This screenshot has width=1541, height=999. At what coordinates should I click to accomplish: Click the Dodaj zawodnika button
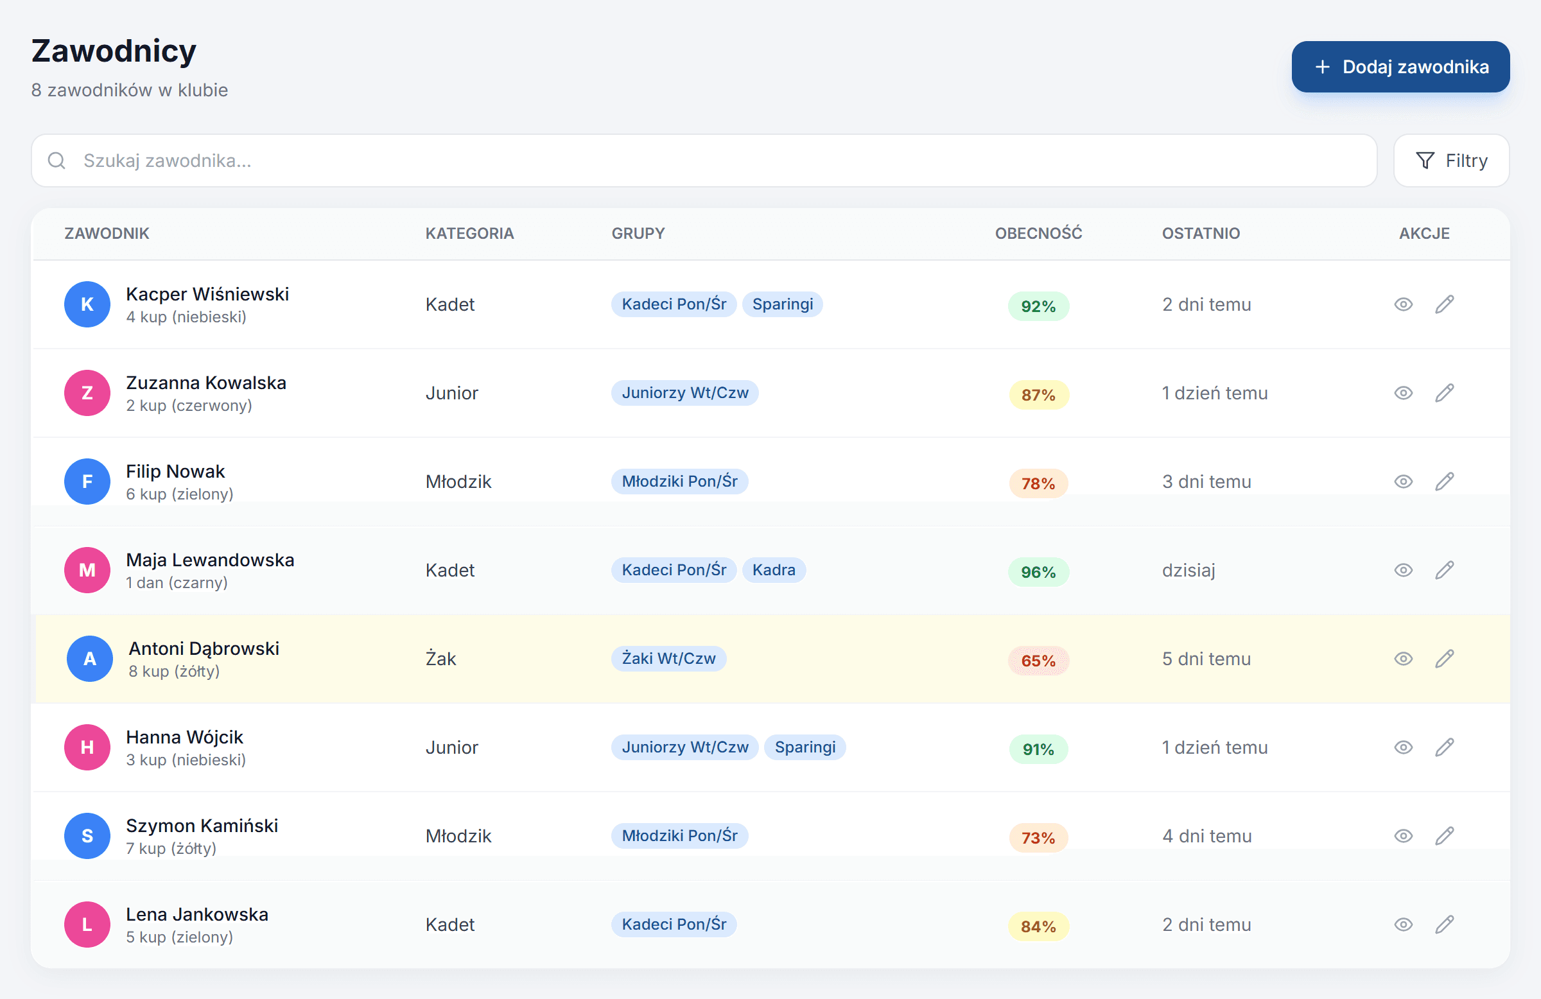(1400, 67)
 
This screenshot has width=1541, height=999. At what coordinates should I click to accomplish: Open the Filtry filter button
(1451, 161)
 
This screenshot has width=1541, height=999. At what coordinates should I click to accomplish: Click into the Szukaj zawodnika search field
(704, 161)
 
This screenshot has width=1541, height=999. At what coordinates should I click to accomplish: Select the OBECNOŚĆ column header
(1038, 233)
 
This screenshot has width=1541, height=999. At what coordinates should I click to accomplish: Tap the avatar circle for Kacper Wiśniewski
(87, 304)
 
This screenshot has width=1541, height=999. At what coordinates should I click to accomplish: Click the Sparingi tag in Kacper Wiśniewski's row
(782, 304)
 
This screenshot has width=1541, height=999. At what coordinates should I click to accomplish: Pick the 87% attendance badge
(1038, 395)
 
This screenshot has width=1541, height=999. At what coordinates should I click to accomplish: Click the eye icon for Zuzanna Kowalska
(1403, 393)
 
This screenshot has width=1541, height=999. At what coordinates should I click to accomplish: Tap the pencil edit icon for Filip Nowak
(1444, 482)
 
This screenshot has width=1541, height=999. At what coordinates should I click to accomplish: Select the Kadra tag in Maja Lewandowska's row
(774, 570)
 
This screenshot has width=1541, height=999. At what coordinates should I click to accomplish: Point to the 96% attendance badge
(1038, 572)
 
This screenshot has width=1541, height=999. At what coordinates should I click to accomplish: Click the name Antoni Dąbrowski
(204, 648)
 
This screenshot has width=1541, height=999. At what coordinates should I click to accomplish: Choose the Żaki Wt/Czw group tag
(669, 659)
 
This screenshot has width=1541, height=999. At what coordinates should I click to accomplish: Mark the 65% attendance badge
(1038, 661)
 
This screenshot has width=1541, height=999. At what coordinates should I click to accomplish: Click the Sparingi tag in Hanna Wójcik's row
(805, 747)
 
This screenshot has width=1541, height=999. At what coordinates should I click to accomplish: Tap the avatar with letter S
(87, 836)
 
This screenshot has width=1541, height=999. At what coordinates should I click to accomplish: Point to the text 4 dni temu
(1207, 836)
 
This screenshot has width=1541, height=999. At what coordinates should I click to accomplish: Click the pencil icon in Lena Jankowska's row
(1444, 925)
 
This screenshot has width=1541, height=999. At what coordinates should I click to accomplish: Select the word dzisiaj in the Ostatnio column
(1188, 570)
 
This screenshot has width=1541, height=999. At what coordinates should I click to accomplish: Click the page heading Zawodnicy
(114, 51)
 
